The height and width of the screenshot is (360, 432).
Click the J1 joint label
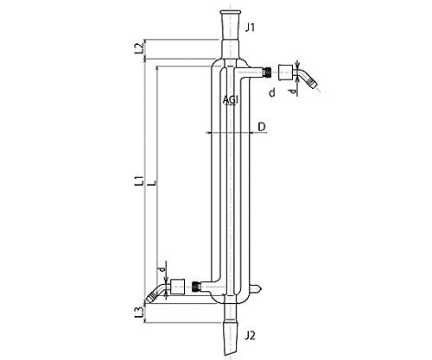click(250, 28)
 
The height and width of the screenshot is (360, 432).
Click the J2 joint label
click(250, 336)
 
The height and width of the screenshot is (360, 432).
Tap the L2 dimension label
click(138, 48)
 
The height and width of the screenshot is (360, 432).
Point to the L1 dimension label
click(139, 180)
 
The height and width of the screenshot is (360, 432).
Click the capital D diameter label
click(262, 127)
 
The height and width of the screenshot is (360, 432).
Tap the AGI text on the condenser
click(231, 100)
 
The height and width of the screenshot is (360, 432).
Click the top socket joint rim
click(231, 12)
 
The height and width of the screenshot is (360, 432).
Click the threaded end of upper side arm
click(268, 72)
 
